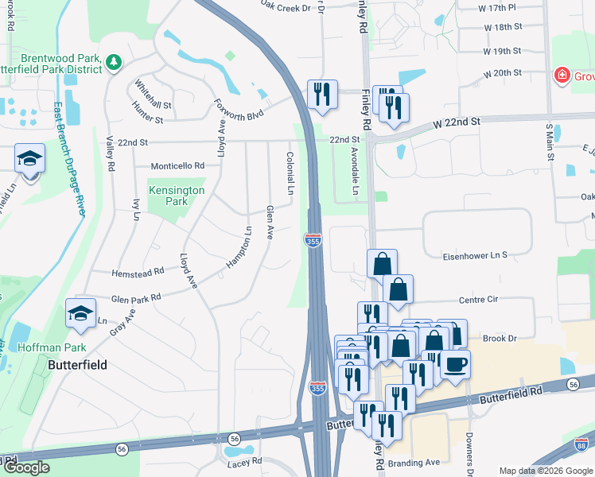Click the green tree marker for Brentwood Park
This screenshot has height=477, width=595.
coord(114,61)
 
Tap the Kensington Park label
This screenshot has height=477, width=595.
coord(176,196)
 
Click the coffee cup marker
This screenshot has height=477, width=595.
coord(455,365)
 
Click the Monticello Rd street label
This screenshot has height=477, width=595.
coord(177,166)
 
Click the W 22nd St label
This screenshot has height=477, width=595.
coord(457,123)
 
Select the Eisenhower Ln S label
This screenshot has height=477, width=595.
coord(475,256)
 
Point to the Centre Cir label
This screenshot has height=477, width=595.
coord(478,301)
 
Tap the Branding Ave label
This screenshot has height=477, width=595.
coord(416,462)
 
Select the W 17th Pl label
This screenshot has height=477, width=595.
coord(500,7)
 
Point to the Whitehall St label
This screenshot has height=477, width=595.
coord(153,95)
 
